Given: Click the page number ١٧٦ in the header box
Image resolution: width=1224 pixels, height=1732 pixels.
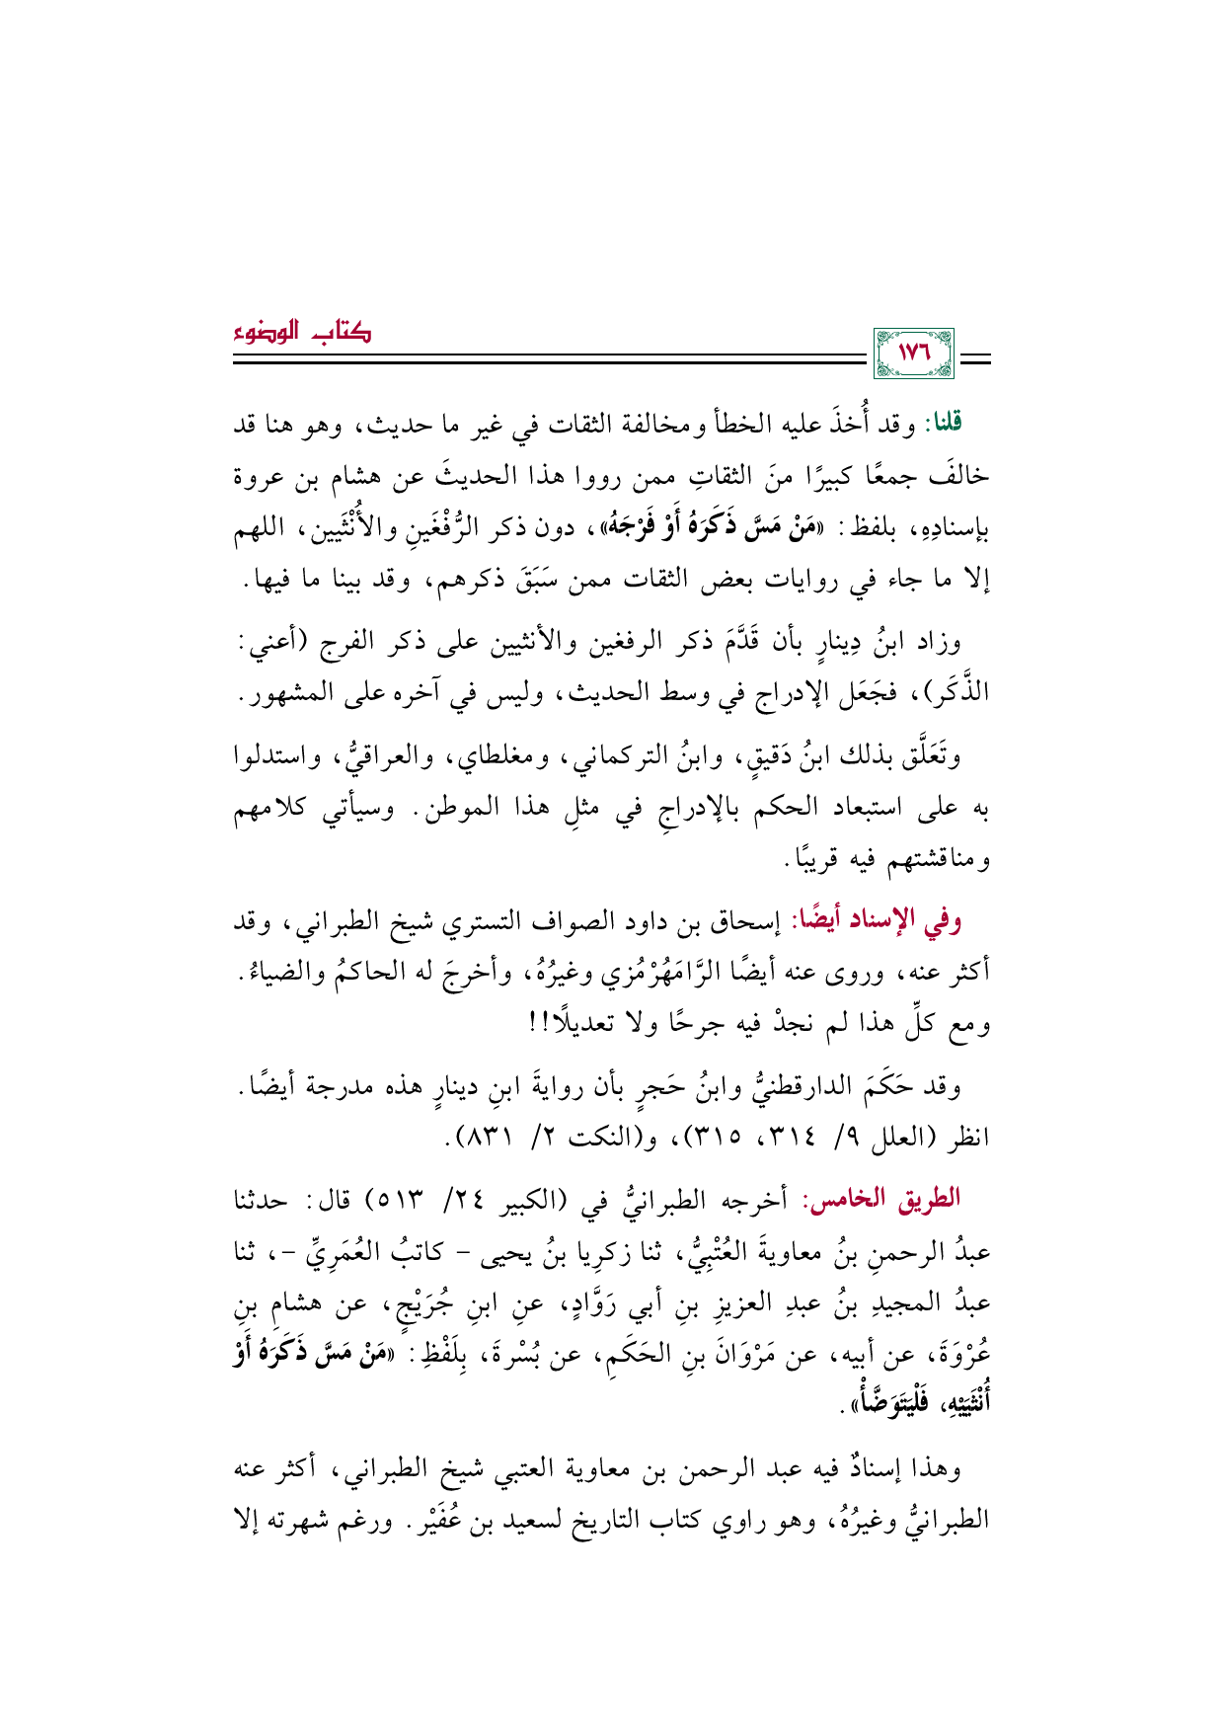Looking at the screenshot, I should pyautogui.click(x=913, y=353).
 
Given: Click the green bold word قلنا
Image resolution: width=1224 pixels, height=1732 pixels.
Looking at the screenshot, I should pyautogui.click(x=942, y=424).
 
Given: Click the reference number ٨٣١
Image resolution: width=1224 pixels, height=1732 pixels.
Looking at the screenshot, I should pyautogui.click(x=487, y=1138).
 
